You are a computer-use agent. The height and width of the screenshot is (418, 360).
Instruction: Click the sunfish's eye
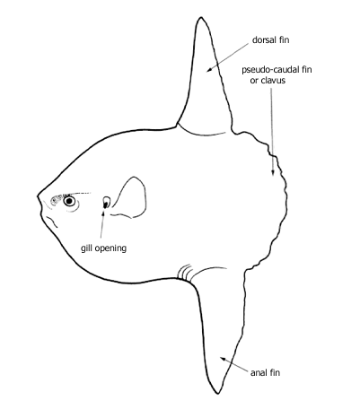tap(69, 201)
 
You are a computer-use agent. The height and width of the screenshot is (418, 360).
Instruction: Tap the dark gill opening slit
tap(106, 205)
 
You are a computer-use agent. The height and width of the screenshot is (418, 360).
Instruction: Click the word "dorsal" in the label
tap(264, 40)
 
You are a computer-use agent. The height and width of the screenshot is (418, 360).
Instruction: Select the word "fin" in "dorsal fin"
tap(284, 40)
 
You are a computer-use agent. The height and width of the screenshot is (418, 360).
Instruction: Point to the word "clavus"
tap(273, 81)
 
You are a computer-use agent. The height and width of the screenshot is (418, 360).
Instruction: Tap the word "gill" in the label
tap(85, 248)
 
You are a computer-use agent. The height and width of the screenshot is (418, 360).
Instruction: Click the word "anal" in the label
tap(258, 372)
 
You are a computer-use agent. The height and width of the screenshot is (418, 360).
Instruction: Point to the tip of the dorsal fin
tap(200, 18)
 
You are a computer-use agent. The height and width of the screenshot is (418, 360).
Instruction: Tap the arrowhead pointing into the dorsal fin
tap(209, 70)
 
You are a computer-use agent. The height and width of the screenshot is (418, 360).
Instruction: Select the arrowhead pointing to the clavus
tap(273, 173)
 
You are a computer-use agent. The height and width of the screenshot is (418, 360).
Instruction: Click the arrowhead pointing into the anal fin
tap(223, 359)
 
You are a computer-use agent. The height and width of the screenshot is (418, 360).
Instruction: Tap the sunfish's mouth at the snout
tap(39, 201)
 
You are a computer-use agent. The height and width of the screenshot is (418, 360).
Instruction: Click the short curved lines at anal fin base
tap(183, 273)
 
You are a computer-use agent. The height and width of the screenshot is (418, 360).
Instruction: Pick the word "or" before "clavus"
tap(254, 81)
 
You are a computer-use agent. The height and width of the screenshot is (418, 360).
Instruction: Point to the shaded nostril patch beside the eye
tap(57, 200)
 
